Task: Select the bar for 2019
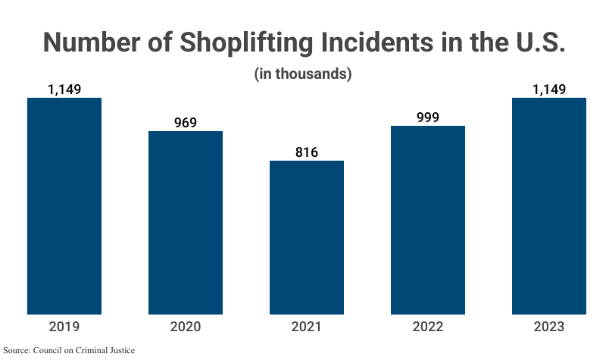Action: pos(64,206)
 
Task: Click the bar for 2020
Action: pos(186,223)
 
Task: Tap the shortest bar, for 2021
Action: pos(307,237)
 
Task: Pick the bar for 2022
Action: pos(428,220)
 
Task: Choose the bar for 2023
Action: pos(549,206)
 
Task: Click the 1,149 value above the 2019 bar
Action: pos(64,89)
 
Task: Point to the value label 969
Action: pos(186,123)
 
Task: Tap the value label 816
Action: pos(307,152)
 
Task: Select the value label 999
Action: pos(428,117)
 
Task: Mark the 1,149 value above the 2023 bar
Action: pos(549,89)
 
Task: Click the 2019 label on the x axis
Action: pos(64,327)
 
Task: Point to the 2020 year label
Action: pos(186,327)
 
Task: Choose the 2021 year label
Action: pos(307,327)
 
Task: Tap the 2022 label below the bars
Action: pos(428,327)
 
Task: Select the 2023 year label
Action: pos(549,327)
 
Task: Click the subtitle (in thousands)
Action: pos(303,74)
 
